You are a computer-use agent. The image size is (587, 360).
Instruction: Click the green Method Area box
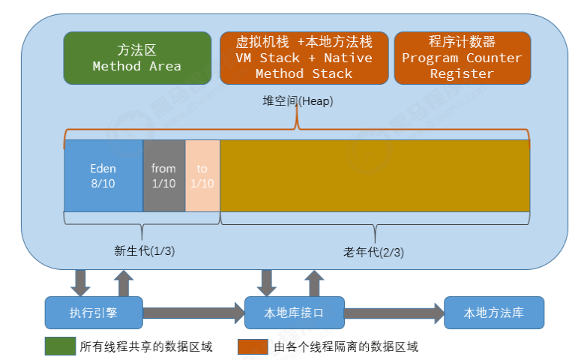coord(137,58)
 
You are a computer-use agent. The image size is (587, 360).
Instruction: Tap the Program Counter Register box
coord(462,58)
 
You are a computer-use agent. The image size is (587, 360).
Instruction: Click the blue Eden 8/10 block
coord(103,175)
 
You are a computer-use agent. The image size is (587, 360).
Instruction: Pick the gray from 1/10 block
coord(163,175)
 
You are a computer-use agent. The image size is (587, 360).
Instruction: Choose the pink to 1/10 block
coord(202,175)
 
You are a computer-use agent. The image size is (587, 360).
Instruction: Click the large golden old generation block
coord(374,175)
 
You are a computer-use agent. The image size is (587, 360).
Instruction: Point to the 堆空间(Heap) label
coord(298,101)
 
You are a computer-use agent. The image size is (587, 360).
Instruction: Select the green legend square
coord(59,346)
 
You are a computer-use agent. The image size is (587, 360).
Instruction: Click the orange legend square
coord(253,346)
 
